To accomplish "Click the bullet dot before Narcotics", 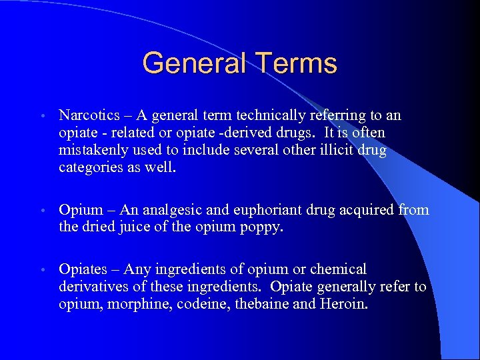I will (x=42, y=117).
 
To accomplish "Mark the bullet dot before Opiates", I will (x=42, y=270).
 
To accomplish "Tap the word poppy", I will (x=264, y=228).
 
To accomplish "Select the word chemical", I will (x=337, y=269).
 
